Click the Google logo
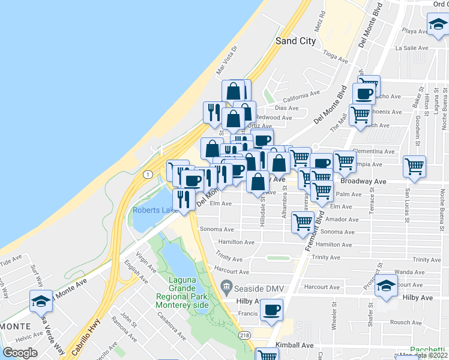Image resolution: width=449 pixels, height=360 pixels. tap(20, 353)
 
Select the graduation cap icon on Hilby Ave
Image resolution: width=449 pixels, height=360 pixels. tap(387, 286)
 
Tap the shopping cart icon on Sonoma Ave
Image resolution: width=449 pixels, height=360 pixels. tap(303, 222)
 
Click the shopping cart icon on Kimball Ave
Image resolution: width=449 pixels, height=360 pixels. tap(267, 355)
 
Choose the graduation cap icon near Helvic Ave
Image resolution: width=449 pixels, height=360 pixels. tap(41, 300)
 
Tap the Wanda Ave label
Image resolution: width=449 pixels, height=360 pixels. tap(410, 272)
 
